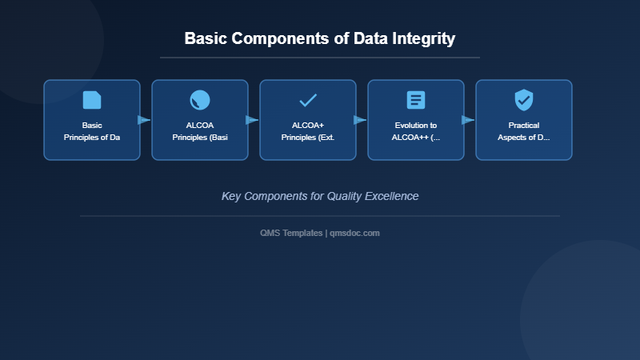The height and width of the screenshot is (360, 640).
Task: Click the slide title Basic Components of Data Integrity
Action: (x=320, y=38)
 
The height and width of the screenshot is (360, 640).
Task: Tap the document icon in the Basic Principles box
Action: (x=92, y=100)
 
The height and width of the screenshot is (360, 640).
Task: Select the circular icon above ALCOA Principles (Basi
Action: (x=200, y=100)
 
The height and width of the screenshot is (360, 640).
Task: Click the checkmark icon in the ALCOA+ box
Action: (x=308, y=100)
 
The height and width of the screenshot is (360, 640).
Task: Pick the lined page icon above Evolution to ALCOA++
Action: (x=416, y=100)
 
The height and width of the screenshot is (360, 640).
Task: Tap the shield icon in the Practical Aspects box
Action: (x=524, y=100)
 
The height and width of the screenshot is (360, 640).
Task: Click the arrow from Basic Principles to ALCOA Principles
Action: (x=144, y=120)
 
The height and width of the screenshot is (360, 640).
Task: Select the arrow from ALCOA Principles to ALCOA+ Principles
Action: (x=252, y=120)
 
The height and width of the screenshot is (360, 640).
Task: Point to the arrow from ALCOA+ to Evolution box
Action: (x=360, y=120)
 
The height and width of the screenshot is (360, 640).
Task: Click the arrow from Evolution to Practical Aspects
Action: (x=468, y=120)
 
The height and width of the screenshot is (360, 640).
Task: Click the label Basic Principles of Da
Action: (x=92, y=131)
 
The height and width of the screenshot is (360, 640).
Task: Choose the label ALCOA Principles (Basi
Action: (x=200, y=131)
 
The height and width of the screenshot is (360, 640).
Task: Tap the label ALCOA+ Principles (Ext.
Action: (x=308, y=131)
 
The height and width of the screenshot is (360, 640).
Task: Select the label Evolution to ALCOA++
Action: (x=416, y=131)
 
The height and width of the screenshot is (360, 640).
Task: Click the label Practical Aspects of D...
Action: (x=524, y=131)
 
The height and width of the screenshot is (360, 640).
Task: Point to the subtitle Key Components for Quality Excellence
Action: (x=320, y=196)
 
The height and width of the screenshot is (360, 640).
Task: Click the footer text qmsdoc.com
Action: (x=354, y=233)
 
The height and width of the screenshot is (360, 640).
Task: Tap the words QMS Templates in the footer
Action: (x=291, y=233)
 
